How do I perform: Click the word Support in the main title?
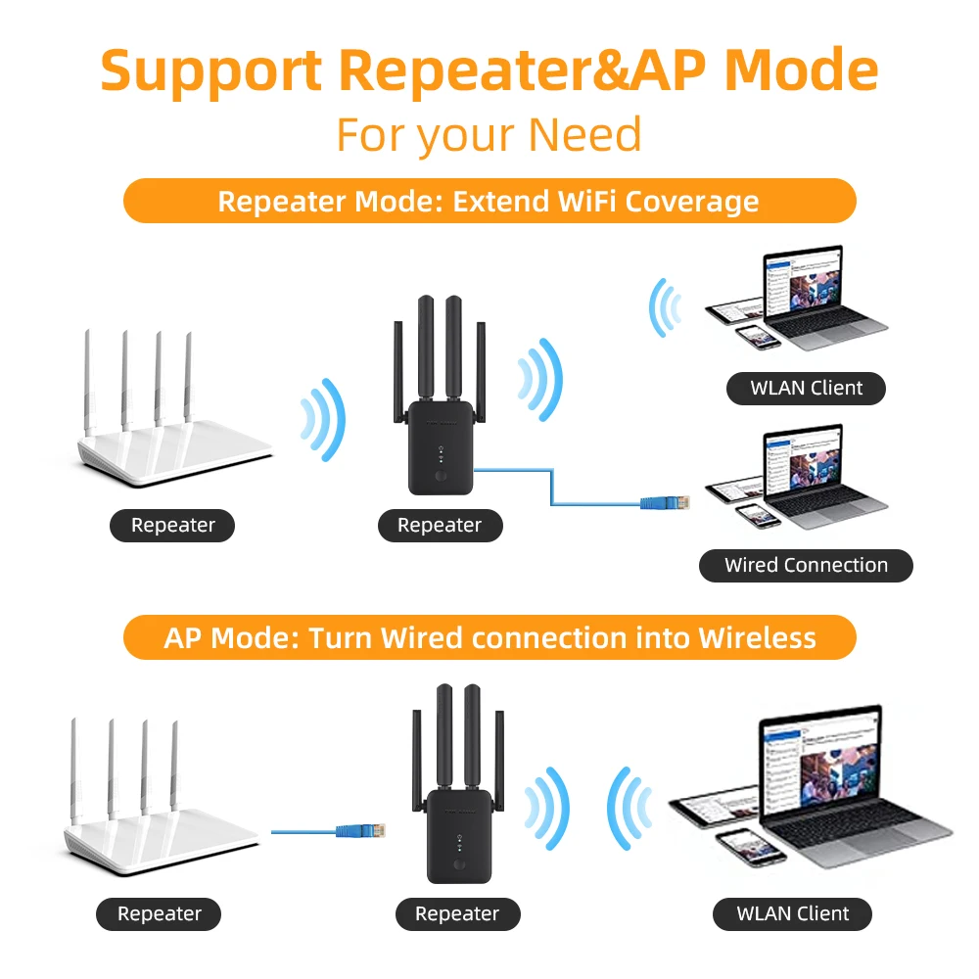(211, 71)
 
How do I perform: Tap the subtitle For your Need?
(489, 135)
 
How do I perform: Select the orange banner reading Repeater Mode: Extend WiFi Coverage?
(489, 201)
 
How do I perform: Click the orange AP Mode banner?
(489, 637)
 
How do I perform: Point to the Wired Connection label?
(806, 566)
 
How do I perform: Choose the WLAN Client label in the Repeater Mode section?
(806, 389)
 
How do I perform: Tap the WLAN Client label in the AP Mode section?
(792, 914)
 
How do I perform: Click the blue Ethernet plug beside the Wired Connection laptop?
(666, 502)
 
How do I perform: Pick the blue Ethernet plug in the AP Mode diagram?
(361, 830)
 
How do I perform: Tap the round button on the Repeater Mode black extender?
(441, 476)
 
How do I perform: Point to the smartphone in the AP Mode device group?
(750, 847)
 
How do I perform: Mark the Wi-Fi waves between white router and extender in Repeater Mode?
(323, 420)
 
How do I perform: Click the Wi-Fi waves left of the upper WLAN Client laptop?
(665, 307)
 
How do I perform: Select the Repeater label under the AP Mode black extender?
(457, 914)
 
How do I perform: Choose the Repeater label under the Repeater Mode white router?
(172, 526)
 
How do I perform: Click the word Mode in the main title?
(801, 70)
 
